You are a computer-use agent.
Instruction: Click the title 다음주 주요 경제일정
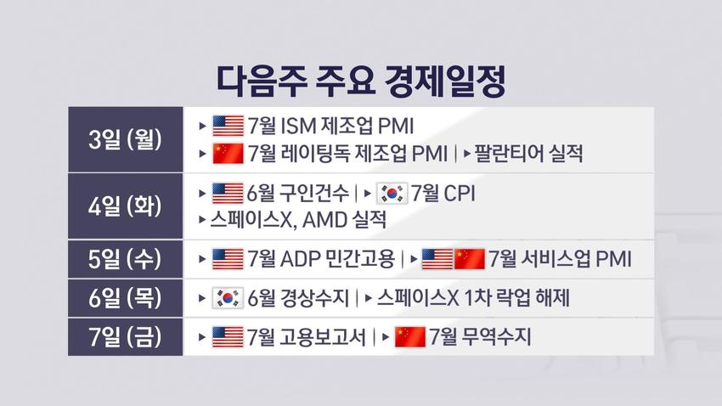pyautogui.click(x=361, y=82)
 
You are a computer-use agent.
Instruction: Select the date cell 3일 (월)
pyautogui.click(x=125, y=139)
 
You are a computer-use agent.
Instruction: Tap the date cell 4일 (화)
pyautogui.click(x=125, y=206)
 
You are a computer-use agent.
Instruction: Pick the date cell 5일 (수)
pyautogui.click(x=125, y=259)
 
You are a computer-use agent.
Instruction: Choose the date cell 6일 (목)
pyautogui.click(x=125, y=298)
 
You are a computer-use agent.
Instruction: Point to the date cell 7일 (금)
pyautogui.click(x=125, y=336)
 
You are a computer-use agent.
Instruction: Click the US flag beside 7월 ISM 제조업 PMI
pyautogui.click(x=228, y=126)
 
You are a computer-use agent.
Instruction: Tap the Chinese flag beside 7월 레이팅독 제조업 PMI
pyautogui.click(x=228, y=153)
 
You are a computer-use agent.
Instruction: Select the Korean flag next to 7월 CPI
pyautogui.click(x=392, y=194)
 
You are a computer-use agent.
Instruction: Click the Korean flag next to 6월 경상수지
pyautogui.click(x=228, y=298)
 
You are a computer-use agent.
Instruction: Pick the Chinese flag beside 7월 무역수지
pyautogui.click(x=410, y=337)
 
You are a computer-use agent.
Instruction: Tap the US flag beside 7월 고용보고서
pyautogui.click(x=228, y=337)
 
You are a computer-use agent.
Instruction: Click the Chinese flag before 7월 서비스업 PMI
pyautogui.click(x=469, y=259)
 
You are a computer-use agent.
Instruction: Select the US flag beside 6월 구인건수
pyautogui.click(x=228, y=194)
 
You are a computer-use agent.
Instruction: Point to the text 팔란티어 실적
pyautogui.click(x=528, y=153)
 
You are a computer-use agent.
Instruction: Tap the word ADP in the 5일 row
pyautogui.click(x=300, y=259)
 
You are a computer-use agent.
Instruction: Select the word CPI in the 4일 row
pyautogui.click(x=459, y=194)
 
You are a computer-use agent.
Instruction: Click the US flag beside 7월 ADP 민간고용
pyautogui.click(x=228, y=259)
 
